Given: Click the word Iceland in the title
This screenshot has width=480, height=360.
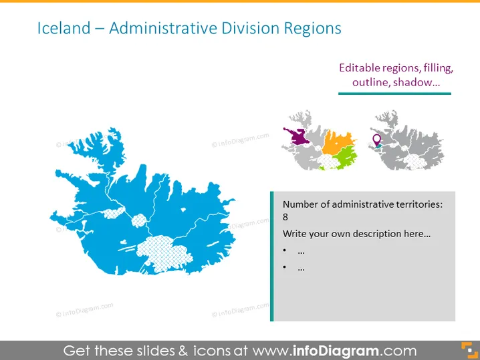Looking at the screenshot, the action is (x=64, y=28).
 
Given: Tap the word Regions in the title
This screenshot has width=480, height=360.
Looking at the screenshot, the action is (x=312, y=29).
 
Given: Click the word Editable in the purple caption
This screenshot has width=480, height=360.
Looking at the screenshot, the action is (x=359, y=67).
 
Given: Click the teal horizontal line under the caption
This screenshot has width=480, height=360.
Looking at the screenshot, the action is (x=394, y=94).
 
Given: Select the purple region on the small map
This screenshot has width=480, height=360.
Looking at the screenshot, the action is (x=297, y=136).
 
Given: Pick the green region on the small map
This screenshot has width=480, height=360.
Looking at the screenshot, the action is (x=346, y=156).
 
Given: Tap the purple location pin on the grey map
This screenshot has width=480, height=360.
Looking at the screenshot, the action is (x=377, y=140).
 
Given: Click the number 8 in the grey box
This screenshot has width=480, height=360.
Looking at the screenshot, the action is (x=285, y=217).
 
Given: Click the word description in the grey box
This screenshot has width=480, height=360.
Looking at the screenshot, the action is (x=377, y=234).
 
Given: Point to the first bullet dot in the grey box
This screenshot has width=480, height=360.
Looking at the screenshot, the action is (x=285, y=250).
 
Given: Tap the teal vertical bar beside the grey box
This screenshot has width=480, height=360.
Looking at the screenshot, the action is (x=272, y=256).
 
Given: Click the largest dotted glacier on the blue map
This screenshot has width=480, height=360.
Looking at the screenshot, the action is (x=164, y=253).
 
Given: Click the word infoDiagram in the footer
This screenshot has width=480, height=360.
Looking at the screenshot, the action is (x=336, y=351).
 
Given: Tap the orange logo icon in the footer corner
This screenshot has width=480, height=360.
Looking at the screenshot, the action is (x=469, y=350).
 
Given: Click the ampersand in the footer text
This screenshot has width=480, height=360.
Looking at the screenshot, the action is (x=183, y=351).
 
